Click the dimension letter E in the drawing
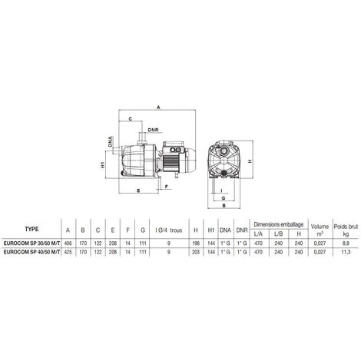point(136,188)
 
